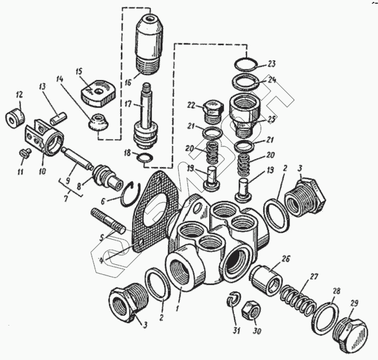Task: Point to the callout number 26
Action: (x=285, y=258)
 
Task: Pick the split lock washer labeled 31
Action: (x=233, y=299)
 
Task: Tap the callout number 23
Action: (x=271, y=64)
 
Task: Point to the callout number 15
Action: (x=80, y=71)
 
